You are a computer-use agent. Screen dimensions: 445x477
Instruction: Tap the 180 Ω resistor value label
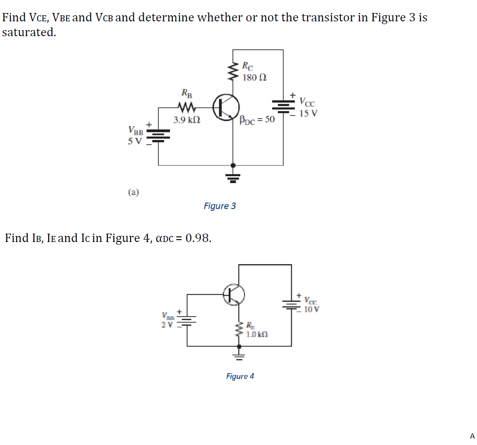pyautogui.click(x=254, y=77)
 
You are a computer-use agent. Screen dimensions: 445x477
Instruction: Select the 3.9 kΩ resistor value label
pyautogui.click(x=187, y=120)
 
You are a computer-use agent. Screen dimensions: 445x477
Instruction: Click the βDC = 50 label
pyautogui.click(x=257, y=120)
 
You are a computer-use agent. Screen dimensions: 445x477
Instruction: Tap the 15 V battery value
pyautogui.click(x=308, y=113)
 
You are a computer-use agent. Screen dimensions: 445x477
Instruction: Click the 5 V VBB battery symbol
pyautogui.click(x=158, y=134)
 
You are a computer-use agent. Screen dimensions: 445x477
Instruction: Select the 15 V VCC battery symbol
pyautogui.click(x=283, y=107)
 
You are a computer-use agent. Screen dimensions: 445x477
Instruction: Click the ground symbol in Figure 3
pyautogui.click(x=233, y=176)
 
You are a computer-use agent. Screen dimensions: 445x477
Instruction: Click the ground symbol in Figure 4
pyautogui.click(x=239, y=355)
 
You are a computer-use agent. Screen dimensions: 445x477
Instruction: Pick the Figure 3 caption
pyautogui.click(x=220, y=206)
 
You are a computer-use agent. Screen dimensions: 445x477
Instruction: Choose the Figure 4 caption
pyautogui.click(x=240, y=376)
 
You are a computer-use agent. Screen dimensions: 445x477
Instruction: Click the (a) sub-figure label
pyautogui.click(x=134, y=191)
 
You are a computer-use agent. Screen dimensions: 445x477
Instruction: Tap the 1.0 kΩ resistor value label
pyautogui.click(x=257, y=333)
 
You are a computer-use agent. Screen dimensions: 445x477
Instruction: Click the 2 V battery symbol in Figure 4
pyautogui.click(x=187, y=320)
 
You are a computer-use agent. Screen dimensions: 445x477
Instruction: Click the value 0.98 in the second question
pyautogui.click(x=198, y=238)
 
